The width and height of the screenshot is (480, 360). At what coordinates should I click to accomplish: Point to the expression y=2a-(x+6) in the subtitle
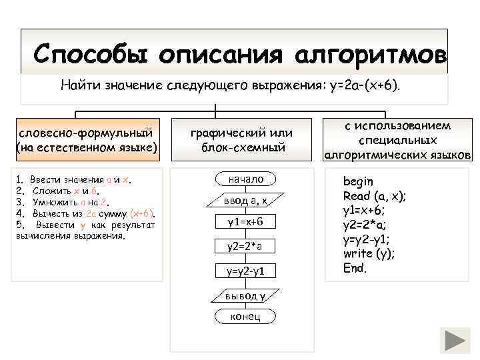(x=359, y=85)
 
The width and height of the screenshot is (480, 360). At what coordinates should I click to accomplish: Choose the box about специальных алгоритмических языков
(x=397, y=140)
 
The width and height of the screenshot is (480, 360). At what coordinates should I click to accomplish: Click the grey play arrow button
(x=457, y=341)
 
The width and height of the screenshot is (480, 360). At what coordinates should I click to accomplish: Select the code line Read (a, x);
(x=374, y=196)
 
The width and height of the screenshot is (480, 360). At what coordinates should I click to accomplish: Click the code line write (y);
(x=369, y=254)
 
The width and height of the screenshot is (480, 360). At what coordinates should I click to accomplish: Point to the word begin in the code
(x=358, y=181)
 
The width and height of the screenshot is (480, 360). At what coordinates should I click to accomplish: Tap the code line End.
(x=355, y=268)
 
